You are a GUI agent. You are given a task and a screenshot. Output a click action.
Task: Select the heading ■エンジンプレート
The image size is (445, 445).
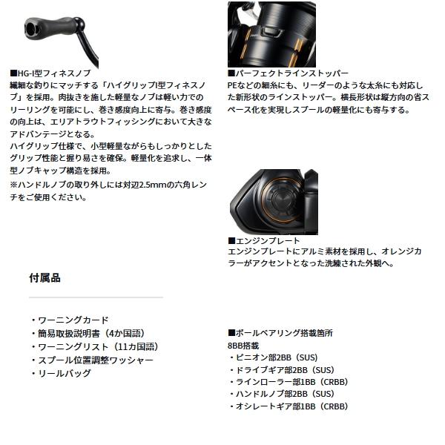(x=265, y=241)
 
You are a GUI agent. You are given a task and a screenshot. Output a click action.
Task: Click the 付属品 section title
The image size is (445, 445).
(x=44, y=278)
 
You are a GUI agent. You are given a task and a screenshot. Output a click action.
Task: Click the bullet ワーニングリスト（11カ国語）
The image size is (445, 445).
(x=92, y=346)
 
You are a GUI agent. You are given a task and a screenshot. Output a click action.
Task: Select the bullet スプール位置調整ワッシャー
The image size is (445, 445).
(x=90, y=360)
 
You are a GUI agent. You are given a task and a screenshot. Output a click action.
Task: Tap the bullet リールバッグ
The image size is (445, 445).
(x=61, y=373)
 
